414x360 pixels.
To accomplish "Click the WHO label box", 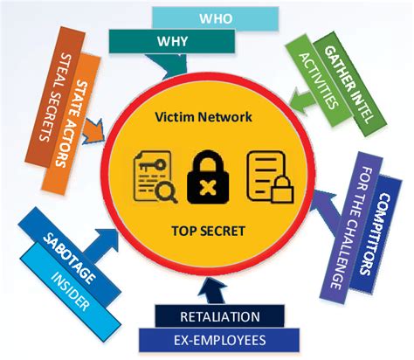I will (x=215, y=18).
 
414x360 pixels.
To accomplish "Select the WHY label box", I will (x=172, y=41).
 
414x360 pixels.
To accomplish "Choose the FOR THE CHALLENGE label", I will (x=353, y=229).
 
